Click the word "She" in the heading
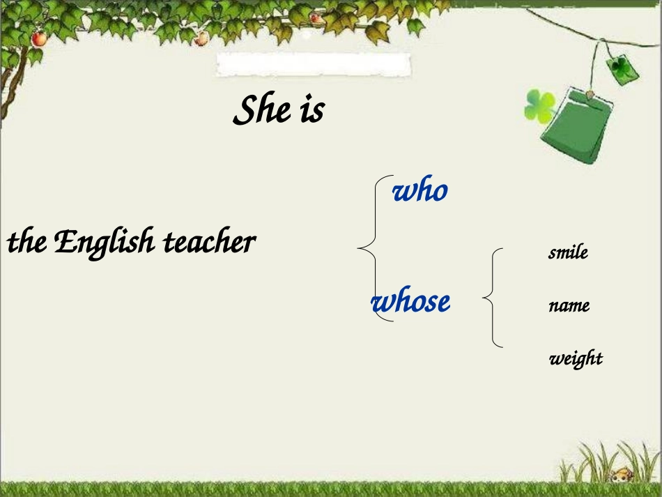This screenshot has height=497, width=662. pos(262,110)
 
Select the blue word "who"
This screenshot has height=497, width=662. pos(419,190)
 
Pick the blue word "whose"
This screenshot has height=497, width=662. pos(411,302)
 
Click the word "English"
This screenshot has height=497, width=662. pos(104,243)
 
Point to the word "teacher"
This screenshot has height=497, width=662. pos(210,243)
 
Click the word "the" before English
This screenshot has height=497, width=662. pos(26,243)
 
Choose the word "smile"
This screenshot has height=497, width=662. pos(568,252)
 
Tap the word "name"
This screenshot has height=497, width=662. pos(569,305)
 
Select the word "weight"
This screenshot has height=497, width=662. pos(576,358)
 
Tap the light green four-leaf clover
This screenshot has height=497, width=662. pos(539,105)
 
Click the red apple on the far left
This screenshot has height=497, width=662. pos(39,39)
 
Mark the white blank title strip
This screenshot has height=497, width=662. pos(314,64)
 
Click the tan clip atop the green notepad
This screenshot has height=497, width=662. pos(590,93)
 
